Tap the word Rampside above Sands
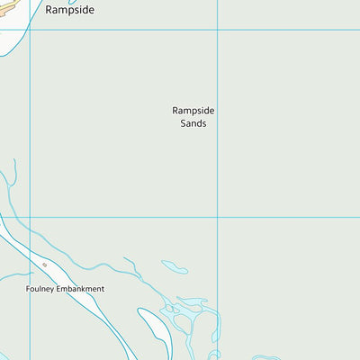point(193,111)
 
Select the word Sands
point(193,123)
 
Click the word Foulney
point(40,289)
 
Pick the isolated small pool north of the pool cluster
point(175,266)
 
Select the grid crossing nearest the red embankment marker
point(31,216)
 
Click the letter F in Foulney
point(28,289)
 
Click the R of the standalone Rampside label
point(49,12)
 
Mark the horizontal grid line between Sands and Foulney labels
point(126,216)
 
